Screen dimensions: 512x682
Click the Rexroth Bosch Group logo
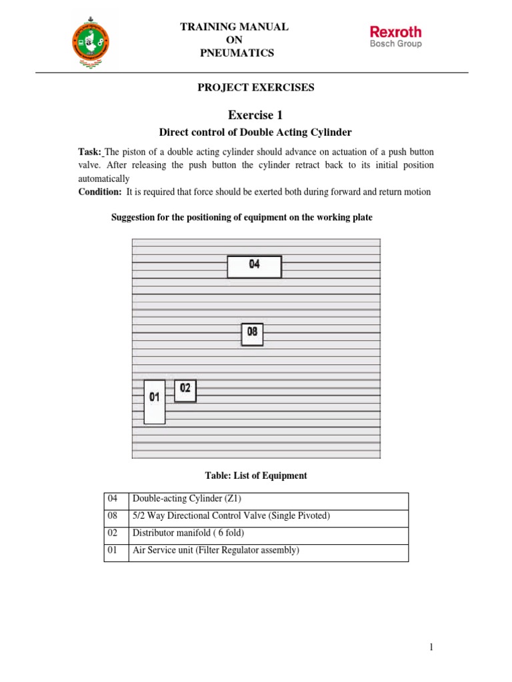pos(395,36)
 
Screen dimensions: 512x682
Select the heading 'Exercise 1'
pos(255,115)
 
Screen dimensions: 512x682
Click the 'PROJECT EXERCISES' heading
pos(255,87)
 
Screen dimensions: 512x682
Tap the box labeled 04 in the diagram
pos(254,266)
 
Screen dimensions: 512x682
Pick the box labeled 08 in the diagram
pos(252,334)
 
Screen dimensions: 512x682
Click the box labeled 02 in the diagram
pos(185,390)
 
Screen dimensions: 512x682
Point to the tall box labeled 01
pos(154,401)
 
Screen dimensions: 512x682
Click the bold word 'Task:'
pos(89,153)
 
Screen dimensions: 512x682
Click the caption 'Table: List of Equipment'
pos(256,476)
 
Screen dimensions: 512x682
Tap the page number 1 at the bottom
pos(431,646)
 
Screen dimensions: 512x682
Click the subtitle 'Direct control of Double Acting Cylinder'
pos(255,133)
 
